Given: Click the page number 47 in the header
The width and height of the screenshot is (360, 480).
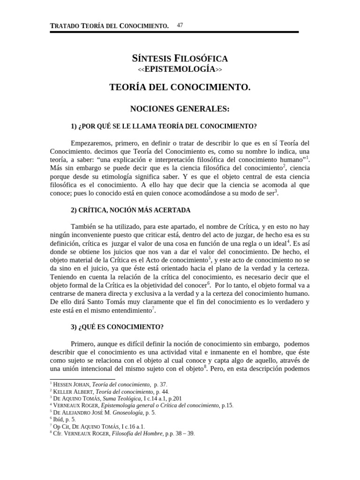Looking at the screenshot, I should click(180, 25).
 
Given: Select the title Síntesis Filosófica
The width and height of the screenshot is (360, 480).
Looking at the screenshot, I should click(180, 59).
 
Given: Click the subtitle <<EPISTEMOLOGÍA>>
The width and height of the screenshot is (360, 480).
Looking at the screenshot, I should click(180, 69).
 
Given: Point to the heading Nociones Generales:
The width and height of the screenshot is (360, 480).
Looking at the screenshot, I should click(180, 109).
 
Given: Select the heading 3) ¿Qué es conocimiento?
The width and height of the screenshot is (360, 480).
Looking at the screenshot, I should click(117, 326).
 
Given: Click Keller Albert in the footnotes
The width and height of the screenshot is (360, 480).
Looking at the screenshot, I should click(71, 391).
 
